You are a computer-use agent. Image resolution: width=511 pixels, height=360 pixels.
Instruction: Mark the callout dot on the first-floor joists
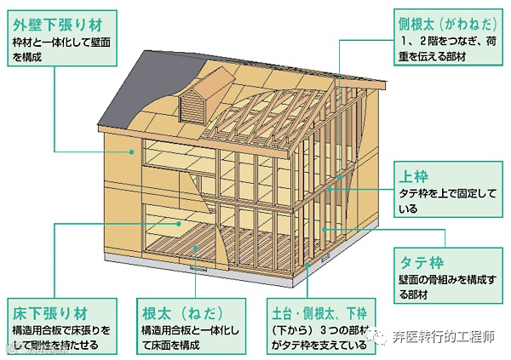pyautogui.click(x=198, y=248)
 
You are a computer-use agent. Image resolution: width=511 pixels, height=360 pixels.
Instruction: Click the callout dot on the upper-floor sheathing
pyautogui.click(x=180, y=223)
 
